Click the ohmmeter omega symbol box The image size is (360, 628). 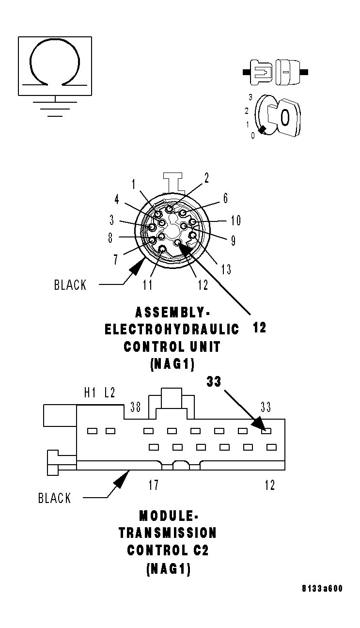[55, 65]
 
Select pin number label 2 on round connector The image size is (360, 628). [206, 178]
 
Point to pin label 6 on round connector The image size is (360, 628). [225, 198]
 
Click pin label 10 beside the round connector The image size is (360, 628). [235, 221]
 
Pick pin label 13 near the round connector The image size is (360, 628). [226, 269]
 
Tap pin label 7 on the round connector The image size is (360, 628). [115, 260]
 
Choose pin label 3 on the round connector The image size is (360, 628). [112, 220]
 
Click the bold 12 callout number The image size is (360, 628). [260, 328]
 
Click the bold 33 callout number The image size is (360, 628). [214, 382]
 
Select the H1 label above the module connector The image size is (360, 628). [90, 393]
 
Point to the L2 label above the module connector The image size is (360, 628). [110, 393]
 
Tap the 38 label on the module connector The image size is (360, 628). [136, 408]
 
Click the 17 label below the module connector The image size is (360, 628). [153, 485]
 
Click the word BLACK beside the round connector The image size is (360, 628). [70, 285]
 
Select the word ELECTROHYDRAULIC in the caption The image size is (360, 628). [172, 330]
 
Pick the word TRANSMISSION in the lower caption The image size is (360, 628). [168, 533]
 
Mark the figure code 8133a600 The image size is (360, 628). [322, 589]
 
